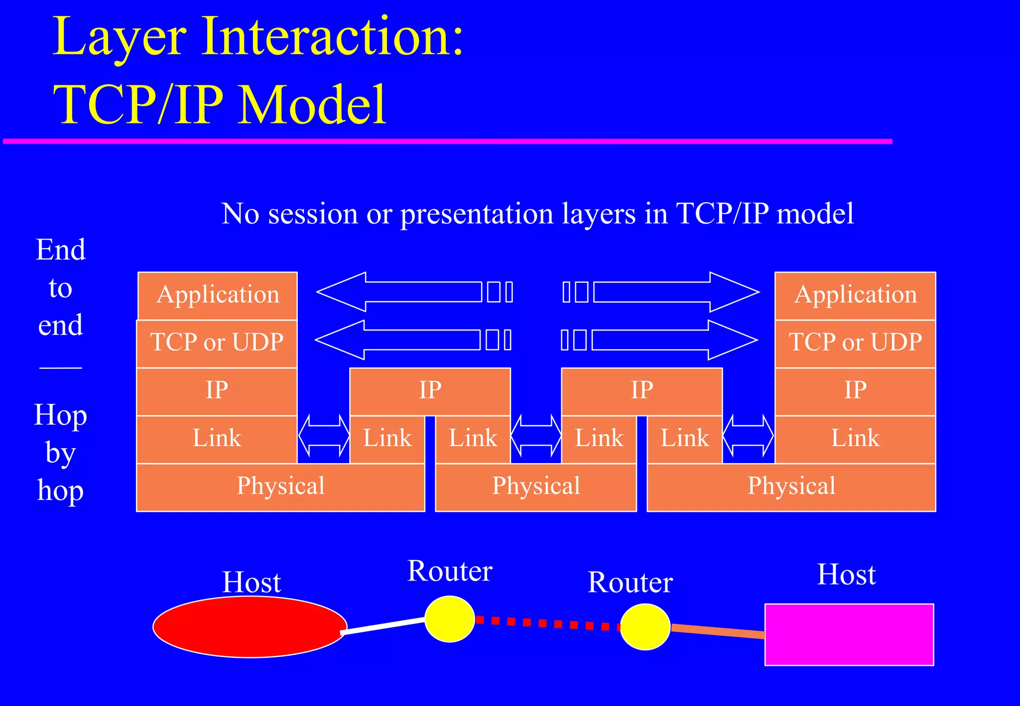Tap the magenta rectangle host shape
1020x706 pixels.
pos(849,635)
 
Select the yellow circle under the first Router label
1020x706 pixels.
pos(449,619)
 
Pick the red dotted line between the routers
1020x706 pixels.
pos(548,623)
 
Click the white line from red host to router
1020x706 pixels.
pos(383,625)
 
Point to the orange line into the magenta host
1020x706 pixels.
pos(717,631)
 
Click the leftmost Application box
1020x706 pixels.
pos(218,295)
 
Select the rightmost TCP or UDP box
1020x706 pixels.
pos(855,343)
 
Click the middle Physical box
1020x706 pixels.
pos(536,486)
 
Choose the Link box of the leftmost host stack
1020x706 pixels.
pos(217,439)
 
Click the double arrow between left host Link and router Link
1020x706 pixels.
pos(324,436)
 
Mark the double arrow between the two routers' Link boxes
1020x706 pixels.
pos(536,436)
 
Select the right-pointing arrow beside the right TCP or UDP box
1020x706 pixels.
pos(672,340)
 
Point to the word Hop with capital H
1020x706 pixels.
pos(60,415)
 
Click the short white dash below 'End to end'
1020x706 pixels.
pos(60,368)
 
